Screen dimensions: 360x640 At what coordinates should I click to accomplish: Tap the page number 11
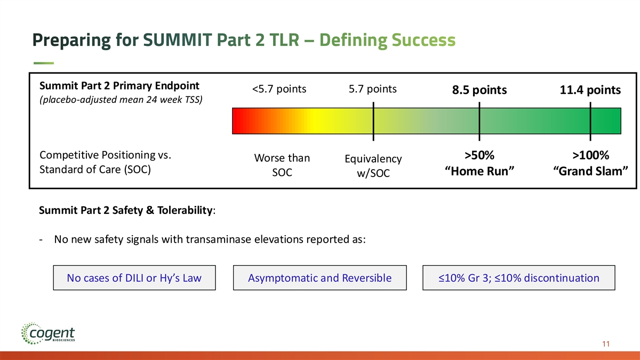605,344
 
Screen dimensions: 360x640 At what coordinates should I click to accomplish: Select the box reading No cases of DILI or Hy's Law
134,278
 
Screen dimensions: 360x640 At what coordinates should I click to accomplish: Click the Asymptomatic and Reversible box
319,278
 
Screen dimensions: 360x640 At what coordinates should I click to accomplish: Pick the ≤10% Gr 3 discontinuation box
518,278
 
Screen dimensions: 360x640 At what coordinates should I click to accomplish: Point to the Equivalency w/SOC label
373,166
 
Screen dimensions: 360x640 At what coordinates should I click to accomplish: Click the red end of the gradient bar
238,121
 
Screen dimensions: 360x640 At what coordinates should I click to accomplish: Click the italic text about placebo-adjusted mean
121,100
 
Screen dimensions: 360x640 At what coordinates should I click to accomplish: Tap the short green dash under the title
43,63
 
